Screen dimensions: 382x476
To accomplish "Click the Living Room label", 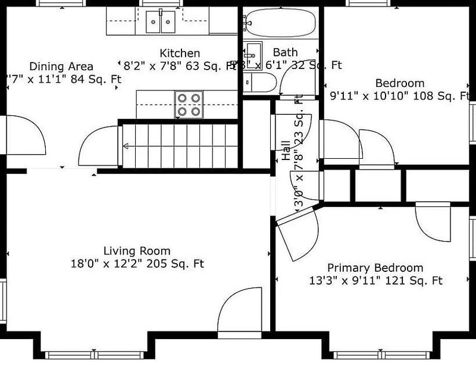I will tap(137, 251).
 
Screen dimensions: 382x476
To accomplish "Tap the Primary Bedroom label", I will tap(375, 268).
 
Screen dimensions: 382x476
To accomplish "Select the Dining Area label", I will tap(61, 66).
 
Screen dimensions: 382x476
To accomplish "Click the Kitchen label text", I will tap(180, 54).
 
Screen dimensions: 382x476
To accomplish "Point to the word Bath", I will tap(285, 53).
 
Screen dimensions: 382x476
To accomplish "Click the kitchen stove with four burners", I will tap(189, 104).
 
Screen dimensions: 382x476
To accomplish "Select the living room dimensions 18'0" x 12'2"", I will tap(137, 264).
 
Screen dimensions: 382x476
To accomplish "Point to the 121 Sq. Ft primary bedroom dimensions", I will tap(375, 280).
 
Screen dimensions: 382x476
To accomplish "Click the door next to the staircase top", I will tap(98, 147).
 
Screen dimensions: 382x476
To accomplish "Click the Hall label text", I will tap(286, 151).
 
